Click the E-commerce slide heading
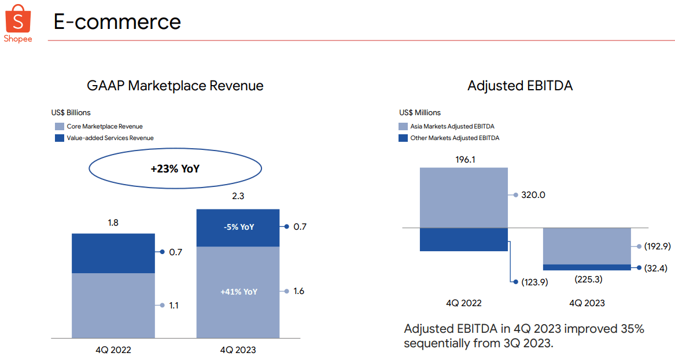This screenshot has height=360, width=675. tap(117, 22)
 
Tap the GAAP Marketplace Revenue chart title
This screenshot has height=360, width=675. tap(175, 86)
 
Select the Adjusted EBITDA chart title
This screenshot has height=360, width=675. tap(520, 86)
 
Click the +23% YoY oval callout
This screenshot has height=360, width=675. tap(175, 169)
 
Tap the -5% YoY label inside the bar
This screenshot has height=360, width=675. tap(238, 227)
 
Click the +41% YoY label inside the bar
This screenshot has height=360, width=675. tap(238, 292)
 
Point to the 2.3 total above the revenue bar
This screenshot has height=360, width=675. tap(238, 196)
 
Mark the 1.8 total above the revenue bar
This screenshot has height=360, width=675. tap(113, 222)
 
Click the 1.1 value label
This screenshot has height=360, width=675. tap(174, 305)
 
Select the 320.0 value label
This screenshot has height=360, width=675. tap(533, 195)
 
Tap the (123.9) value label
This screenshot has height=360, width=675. tap(534, 282)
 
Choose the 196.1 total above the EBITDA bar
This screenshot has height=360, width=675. tap(464, 159)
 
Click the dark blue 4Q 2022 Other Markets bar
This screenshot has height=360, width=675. tap(464, 239)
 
